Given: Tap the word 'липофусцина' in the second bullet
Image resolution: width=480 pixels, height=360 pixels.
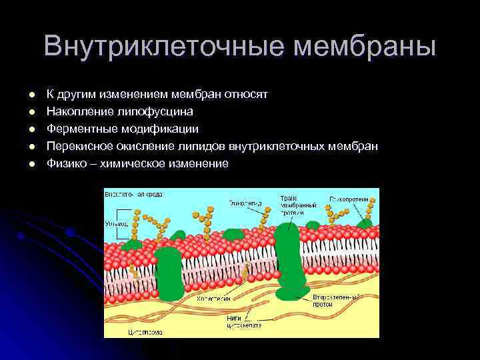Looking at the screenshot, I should (154, 111).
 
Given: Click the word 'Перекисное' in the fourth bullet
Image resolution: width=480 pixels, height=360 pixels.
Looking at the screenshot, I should (77, 146).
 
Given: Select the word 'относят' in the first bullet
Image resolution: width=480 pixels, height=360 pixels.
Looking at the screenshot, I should (246, 94).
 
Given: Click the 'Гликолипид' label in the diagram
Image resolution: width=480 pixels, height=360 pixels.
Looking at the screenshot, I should (245, 202).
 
